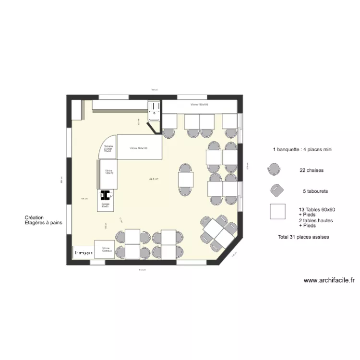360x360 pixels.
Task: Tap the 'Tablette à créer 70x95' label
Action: (x=108, y=148)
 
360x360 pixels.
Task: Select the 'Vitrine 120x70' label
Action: (x=109, y=172)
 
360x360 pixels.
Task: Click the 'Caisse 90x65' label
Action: (x=105, y=205)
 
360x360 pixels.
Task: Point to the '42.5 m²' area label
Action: (x=154, y=180)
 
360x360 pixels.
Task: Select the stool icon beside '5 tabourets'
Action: (x=276, y=191)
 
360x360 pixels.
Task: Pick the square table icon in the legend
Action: (x=277, y=212)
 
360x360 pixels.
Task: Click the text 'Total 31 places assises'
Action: (x=303, y=237)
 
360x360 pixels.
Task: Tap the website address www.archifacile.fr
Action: (x=329, y=281)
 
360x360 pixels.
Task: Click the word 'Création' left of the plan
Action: (x=34, y=217)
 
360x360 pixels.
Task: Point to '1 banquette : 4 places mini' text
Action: (x=303, y=150)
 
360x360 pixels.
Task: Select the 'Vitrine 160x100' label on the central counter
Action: (x=138, y=148)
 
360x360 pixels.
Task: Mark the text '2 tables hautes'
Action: (x=315, y=220)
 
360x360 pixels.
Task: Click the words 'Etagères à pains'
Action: (x=43, y=223)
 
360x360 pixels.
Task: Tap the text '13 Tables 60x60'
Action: (x=316, y=210)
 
